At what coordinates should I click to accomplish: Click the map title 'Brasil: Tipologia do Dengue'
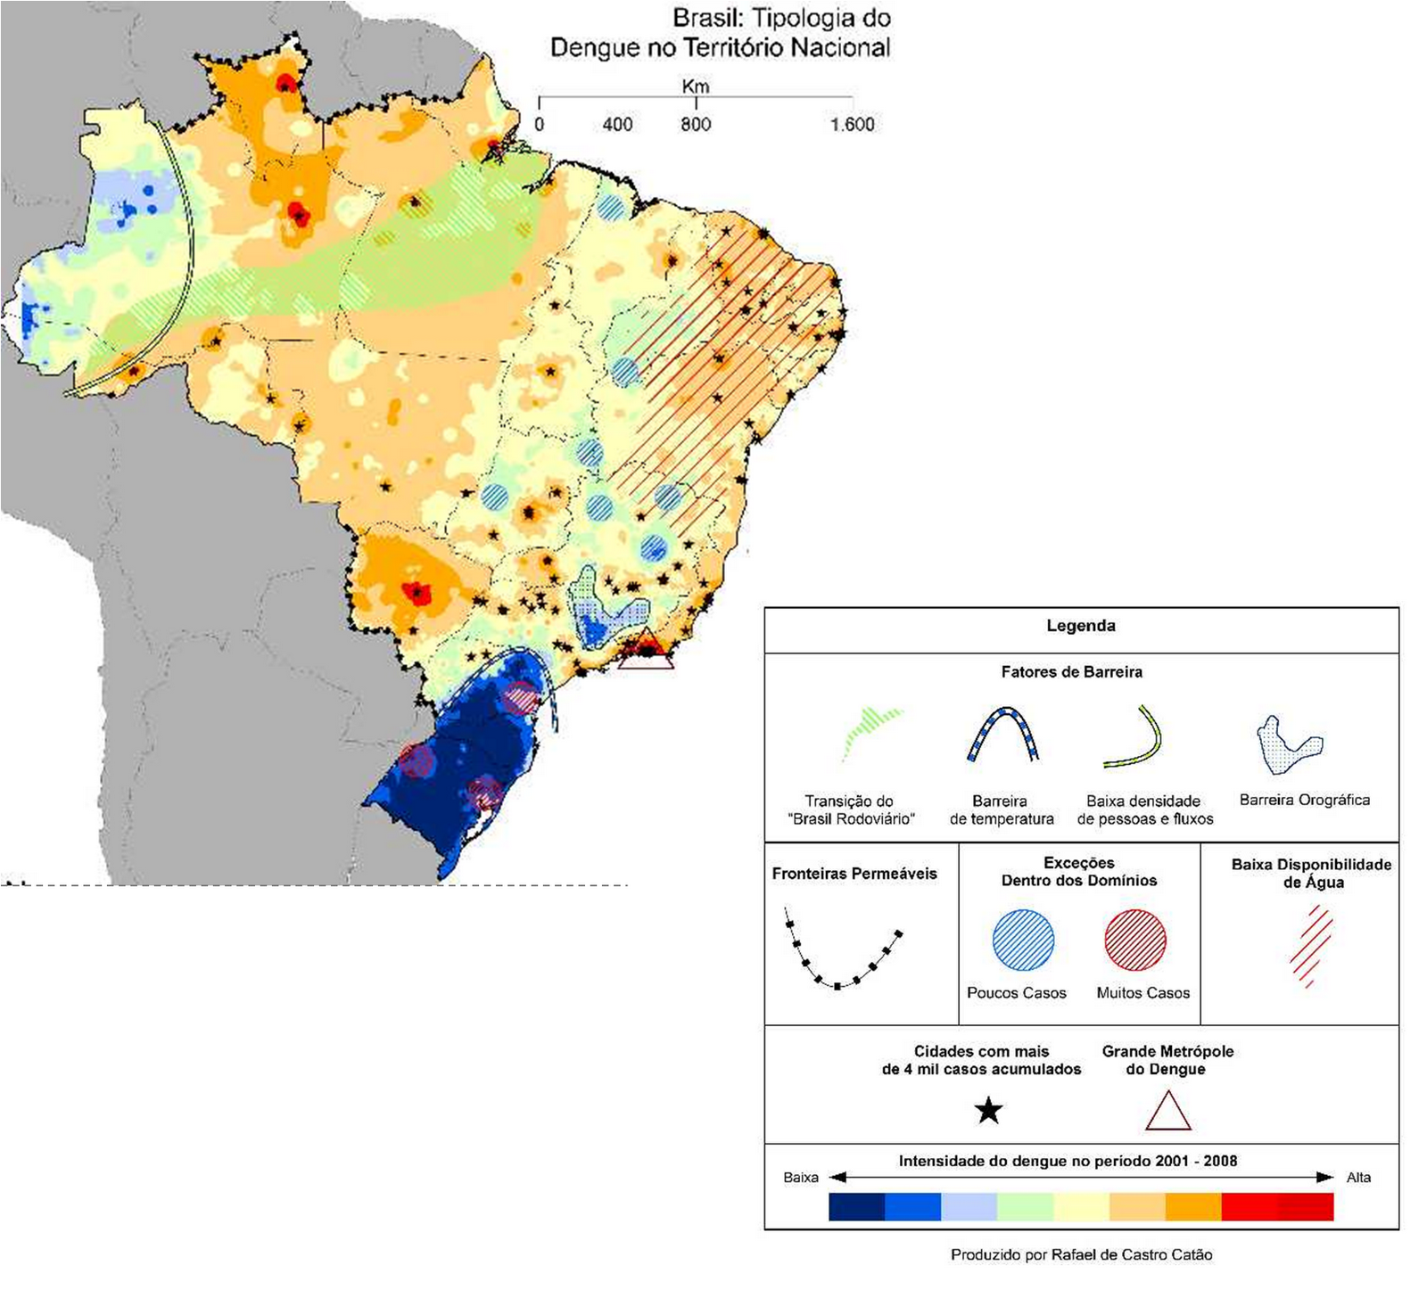[x=721, y=33]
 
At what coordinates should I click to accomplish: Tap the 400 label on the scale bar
[x=617, y=125]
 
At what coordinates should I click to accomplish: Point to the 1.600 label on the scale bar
[x=852, y=125]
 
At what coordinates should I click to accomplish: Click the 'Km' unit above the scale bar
[x=695, y=86]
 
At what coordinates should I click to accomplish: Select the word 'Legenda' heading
[x=1080, y=626]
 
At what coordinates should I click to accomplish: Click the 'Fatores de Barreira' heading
[x=1071, y=672]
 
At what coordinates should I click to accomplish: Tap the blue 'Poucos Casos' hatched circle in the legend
[x=1023, y=940]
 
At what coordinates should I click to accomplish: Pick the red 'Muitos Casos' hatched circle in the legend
[x=1135, y=940]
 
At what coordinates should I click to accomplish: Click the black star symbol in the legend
[x=988, y=1111]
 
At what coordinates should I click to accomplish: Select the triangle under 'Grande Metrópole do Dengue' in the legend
[x=1167, y=1113]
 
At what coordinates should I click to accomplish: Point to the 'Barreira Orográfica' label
[x=1304, y=800]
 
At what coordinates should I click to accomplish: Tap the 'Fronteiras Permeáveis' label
[x=854, y=874]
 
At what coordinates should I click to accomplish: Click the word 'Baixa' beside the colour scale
[x=800, y=1178]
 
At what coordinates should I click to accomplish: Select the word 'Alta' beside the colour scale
[x=1357, y=1178]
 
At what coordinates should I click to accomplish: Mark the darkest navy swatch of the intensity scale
[x=856, y=1206]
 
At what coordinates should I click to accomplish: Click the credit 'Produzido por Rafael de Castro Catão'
[x=1081, y=1255]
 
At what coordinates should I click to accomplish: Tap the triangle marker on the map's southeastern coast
[x=646, y=652]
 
